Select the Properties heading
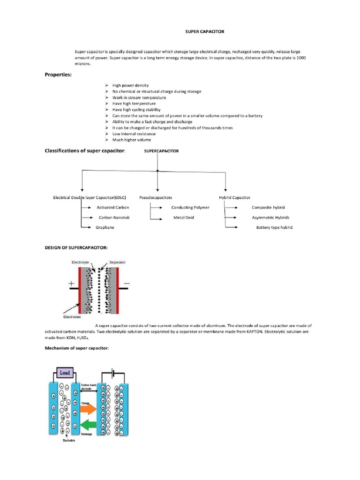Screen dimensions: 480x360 (x=58, y=75)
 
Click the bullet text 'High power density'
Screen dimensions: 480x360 (x=130, y=85)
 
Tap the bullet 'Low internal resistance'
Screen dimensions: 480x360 (x=134, y=134)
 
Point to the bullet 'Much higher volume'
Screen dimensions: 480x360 (x=131, y=140)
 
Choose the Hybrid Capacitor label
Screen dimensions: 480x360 (x=234, y=198)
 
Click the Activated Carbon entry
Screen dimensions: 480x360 (x=112, y=207)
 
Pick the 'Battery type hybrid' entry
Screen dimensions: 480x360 (x=274, y=227)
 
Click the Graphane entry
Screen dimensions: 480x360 (x=105, y=227)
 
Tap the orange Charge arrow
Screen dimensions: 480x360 (x=88, y=409)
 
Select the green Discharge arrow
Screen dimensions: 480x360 (x=88, y=426)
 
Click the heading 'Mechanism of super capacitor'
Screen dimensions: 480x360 (x=76, y=348)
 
